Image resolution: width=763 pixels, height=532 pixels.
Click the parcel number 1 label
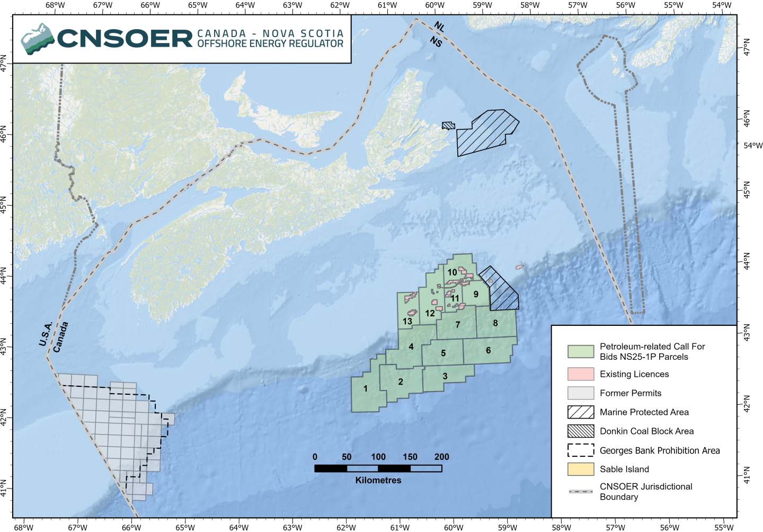click(366, 388)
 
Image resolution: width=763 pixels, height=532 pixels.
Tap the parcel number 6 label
click(488, 350)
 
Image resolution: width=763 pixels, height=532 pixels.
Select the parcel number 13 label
click(407, 321)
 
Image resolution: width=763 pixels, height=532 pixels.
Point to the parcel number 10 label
click(452, 272)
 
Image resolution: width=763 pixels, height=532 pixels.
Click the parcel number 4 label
click(411, 347)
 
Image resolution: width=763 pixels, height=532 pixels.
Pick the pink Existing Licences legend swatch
click(580, 374)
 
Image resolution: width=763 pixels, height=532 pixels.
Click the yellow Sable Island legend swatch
click(580, 469)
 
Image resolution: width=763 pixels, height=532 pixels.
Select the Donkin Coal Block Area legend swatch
click(580, 431)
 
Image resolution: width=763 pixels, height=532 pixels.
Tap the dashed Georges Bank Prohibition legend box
click(580, 450)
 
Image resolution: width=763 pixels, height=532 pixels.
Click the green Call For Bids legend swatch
click(580, 351)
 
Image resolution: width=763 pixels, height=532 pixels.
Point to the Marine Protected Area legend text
click(644, 412)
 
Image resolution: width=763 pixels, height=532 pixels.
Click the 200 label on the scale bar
click(441, 457)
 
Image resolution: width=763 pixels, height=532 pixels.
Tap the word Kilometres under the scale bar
click(378, 480)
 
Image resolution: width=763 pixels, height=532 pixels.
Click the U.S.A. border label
click(46, 334)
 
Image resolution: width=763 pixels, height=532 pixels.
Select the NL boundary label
click(439, 27)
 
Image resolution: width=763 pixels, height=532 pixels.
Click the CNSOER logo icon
click(38, 39)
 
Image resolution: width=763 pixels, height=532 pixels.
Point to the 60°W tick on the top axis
click(434, 6)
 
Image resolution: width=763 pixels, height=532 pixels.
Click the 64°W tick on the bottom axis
click(238, 527)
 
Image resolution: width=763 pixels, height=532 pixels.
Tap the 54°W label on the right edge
click(753, 145)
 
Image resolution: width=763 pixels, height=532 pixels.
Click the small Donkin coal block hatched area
click(448, 126)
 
